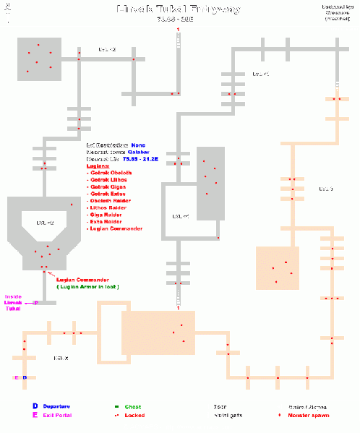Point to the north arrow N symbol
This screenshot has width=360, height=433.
7,14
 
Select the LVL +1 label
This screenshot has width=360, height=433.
260,74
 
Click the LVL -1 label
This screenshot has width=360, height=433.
181,216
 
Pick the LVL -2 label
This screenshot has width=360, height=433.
45,223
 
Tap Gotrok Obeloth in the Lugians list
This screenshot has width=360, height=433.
111,173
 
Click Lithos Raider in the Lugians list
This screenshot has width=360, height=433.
108,207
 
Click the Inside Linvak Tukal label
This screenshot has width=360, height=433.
14,302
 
